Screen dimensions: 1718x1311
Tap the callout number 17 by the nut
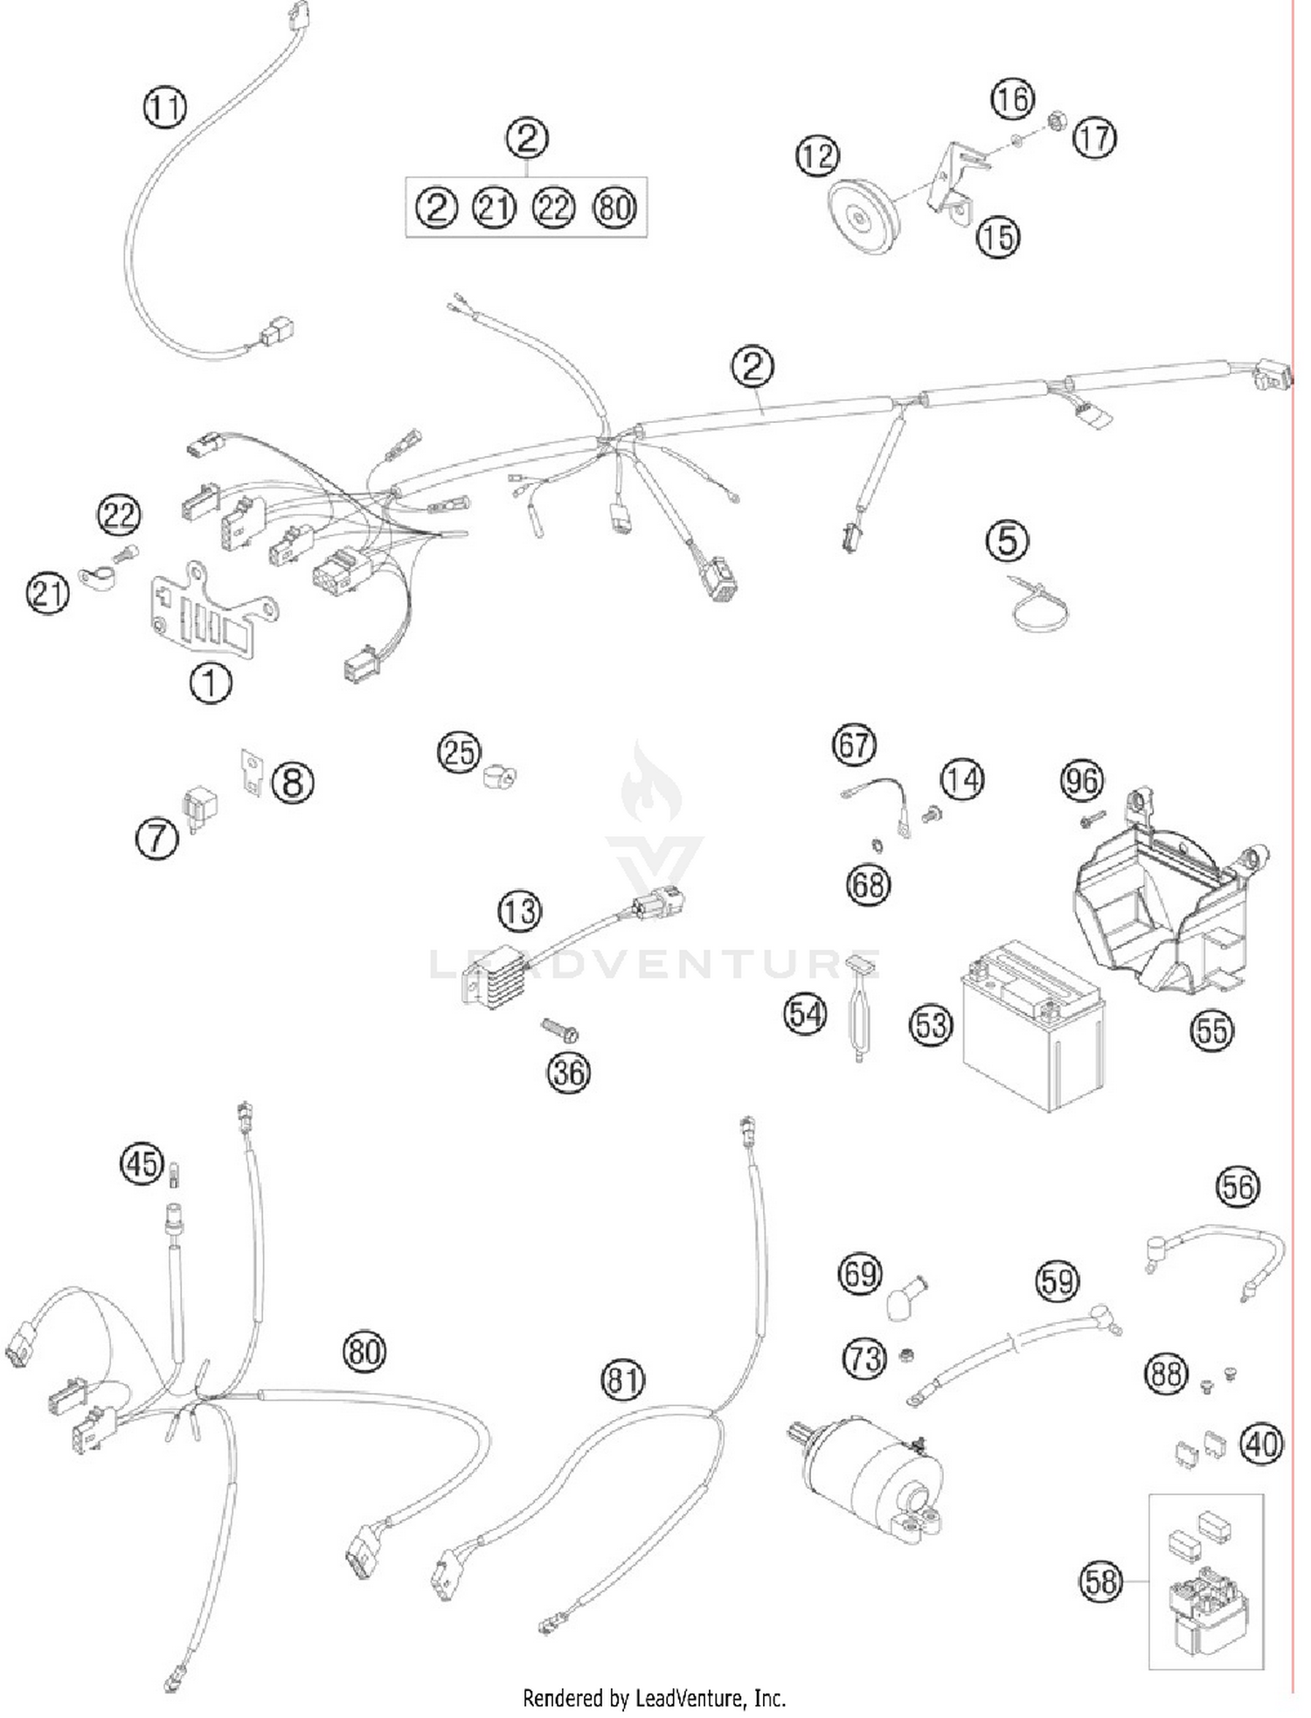1094,138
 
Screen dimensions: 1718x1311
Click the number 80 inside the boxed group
614,208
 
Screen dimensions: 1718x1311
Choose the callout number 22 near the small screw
119,515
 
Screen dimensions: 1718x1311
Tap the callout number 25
459,752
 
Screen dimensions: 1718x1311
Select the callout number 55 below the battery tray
1211,1031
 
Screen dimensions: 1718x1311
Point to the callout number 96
1082,780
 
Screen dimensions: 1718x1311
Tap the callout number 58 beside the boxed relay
1099,1582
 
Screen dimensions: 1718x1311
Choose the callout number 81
622,1380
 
